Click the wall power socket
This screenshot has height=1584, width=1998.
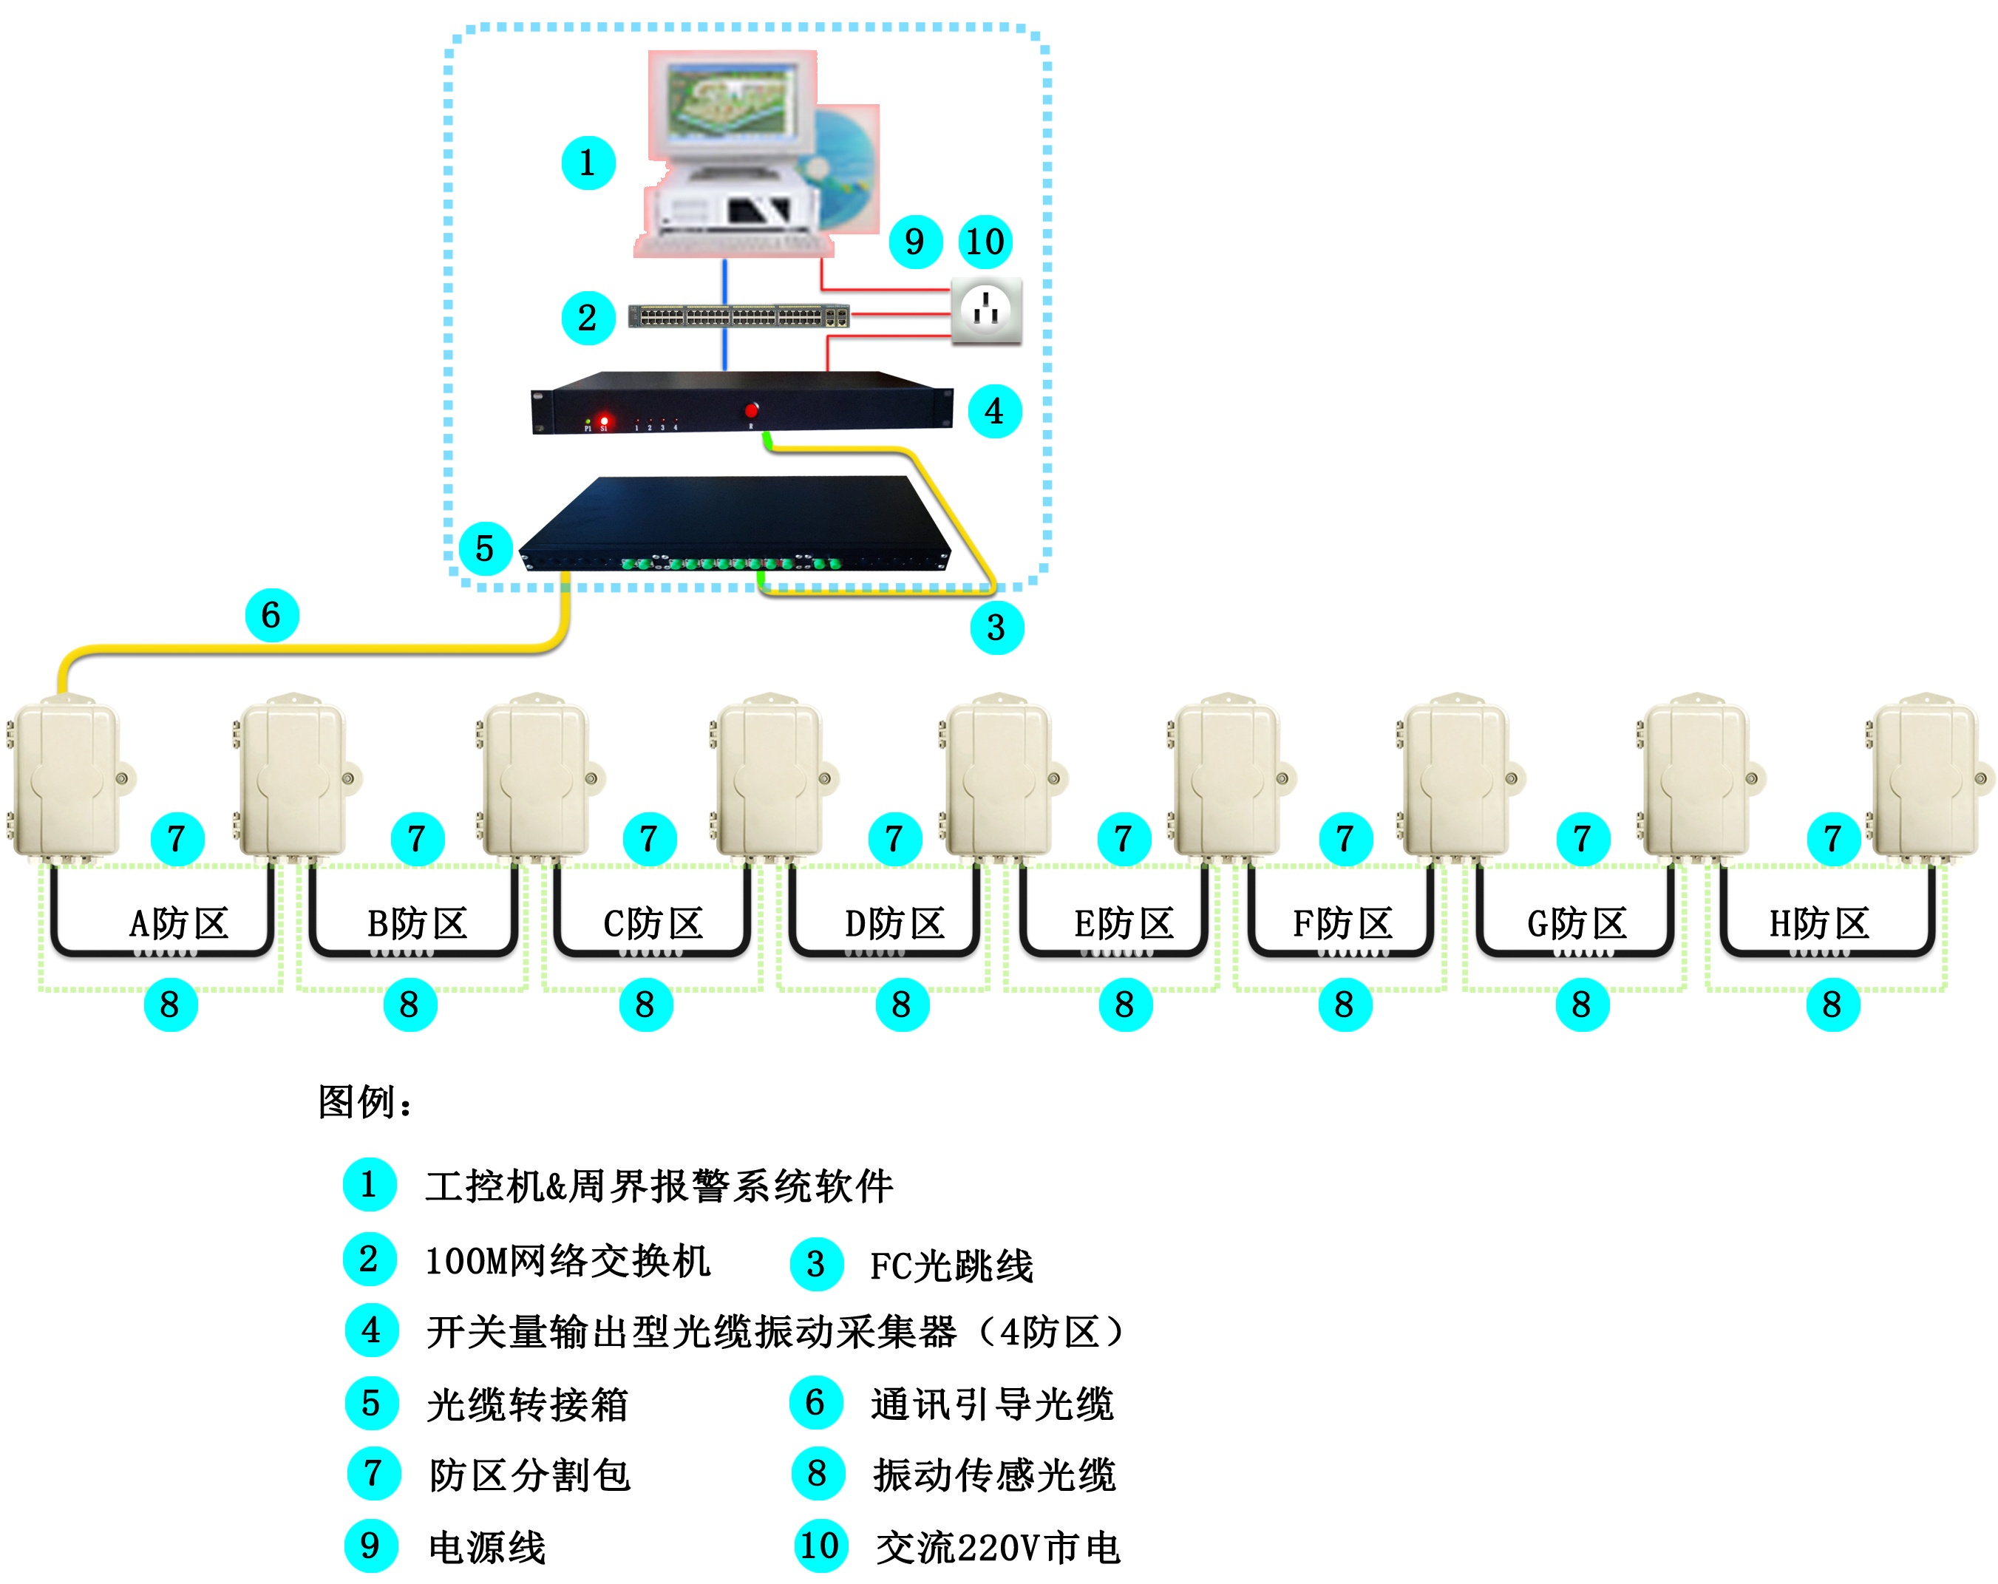coord(986,310)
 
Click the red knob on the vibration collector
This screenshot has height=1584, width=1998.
coord(752,409)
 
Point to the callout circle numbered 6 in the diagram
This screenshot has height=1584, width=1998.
coord(271,614)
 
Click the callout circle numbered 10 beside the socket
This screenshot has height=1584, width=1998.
coord(985,242)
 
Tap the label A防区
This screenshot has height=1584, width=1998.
coord(179,923)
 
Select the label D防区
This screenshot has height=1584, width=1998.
coord(894,923)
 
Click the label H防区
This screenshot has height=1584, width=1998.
coord(1819,923)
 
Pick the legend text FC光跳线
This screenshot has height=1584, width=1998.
coord(951,1265)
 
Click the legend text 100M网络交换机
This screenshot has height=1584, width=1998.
coord(567,1260)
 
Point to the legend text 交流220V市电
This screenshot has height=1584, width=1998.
coord(998,1547)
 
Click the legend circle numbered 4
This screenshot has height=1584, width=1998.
coord(372,1331)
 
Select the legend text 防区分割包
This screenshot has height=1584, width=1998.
coord(529,1475)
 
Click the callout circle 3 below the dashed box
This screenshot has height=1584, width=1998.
coord(996,628)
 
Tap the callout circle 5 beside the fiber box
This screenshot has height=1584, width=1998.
coord(485,548)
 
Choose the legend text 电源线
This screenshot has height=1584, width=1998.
coord(486,1547)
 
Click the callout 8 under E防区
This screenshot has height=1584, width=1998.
coord(1125,1005)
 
